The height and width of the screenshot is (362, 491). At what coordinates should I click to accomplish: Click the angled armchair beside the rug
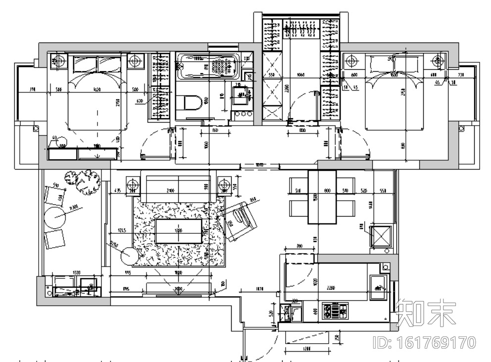click(240, 221)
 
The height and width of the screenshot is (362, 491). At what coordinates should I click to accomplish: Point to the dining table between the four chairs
click(322, 197)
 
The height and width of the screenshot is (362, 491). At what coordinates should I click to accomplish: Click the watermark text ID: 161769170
click(423, 342)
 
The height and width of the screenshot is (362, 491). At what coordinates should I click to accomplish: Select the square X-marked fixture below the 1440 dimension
click(381, 236)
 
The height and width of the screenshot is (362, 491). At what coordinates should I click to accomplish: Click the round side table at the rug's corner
click(130, 256)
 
